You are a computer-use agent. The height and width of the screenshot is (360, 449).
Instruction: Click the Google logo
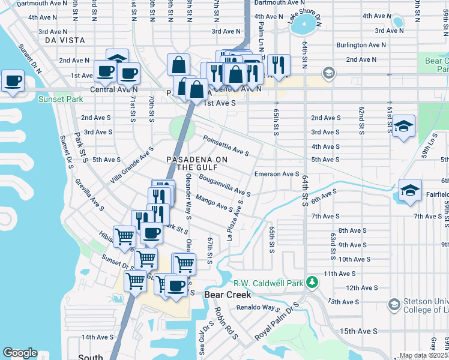20,353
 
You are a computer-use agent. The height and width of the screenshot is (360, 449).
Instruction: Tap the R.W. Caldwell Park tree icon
311,282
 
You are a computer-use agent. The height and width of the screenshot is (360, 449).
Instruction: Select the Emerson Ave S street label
277,174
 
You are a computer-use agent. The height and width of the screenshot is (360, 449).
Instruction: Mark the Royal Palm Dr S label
277,321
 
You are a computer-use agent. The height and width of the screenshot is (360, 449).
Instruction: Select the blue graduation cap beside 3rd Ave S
404,126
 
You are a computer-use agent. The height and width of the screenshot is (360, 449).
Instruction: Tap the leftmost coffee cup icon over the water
13,80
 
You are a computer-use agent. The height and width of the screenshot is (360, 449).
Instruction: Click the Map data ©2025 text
423,356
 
